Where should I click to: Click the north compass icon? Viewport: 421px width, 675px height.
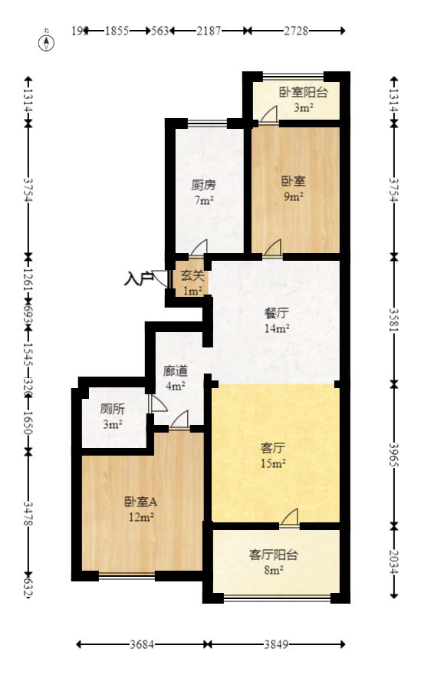click(48, 41)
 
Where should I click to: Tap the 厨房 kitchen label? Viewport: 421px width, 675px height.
click(203, 185)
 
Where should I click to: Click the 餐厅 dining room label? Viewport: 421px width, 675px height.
click(276, 313)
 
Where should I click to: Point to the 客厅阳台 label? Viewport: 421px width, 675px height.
click(274, 555)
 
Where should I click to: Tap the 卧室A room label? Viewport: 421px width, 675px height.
click(140, 502)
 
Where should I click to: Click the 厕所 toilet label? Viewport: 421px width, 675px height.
click(113, 409)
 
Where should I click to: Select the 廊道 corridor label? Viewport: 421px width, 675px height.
click(176, 370)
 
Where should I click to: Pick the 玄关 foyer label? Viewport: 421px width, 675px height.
click(192, 276)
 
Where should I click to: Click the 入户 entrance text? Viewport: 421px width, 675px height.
click(138, 278)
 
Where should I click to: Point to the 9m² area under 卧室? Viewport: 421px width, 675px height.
click(293, 197)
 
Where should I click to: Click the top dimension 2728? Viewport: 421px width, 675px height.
click(294, 31)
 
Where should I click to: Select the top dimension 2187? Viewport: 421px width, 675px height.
click(209, 31)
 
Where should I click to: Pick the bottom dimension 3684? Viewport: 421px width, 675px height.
click(141, 645)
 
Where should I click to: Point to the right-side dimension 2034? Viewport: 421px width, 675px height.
click(395, 562)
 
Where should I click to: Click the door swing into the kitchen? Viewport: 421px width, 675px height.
click(199, 247)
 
